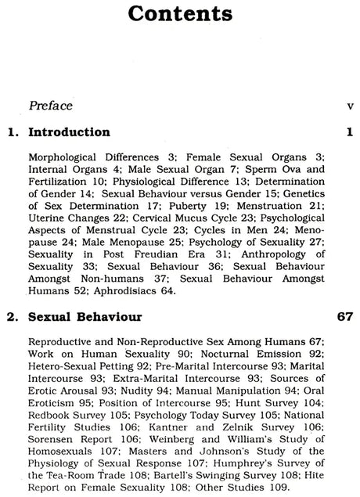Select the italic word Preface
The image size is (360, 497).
pos(51,106)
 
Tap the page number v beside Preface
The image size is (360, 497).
pos(350,106)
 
